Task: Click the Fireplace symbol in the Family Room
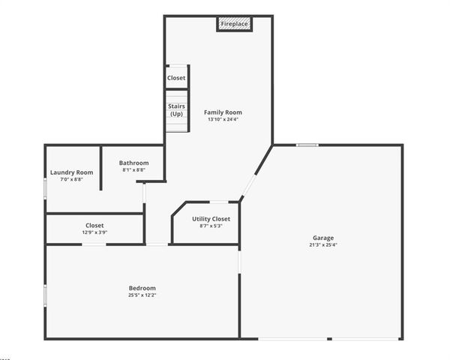point(234,24)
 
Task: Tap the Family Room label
point(223,112)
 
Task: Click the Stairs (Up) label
point(177,110)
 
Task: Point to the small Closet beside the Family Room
point(176,78)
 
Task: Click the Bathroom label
point(133,163)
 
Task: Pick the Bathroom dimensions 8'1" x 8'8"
point(133,169)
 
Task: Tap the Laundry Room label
point(72,172)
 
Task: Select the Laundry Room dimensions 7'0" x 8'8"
point(72,179)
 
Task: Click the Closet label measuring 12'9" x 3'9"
point(94,225)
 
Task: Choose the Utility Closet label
point(206,219)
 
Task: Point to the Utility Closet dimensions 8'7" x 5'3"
point(206,226)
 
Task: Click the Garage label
point(324,238)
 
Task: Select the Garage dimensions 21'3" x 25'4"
point(324,244)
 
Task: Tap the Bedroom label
point(142,288)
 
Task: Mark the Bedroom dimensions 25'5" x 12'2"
point(142,295)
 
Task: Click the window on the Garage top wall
point(307,145)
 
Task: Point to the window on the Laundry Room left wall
point(46,187)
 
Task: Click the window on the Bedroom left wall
point(46,294)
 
